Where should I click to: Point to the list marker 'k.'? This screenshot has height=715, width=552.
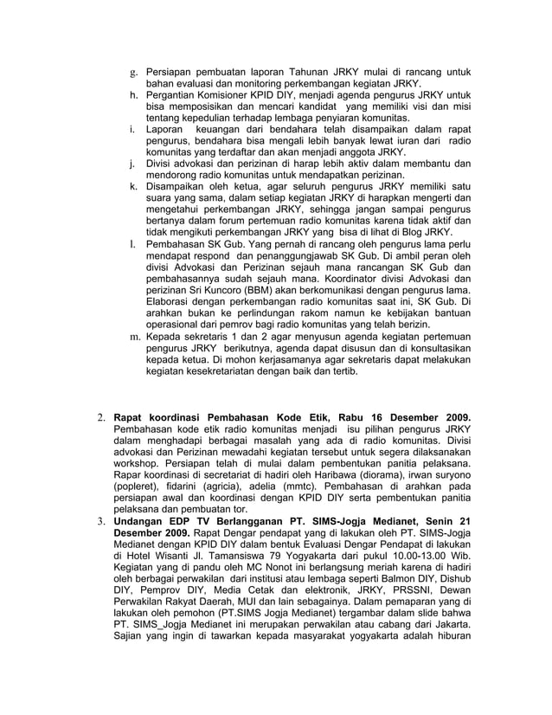coord(135,186)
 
